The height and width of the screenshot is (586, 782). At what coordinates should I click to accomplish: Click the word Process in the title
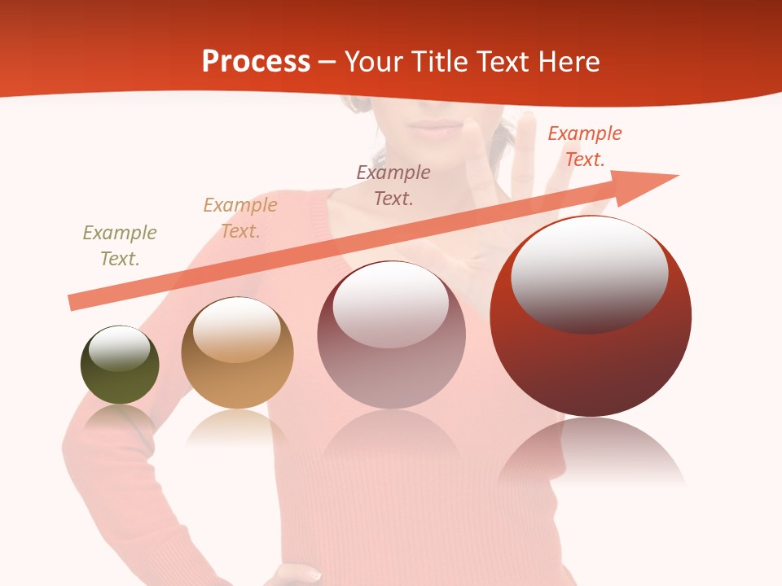[x=256, y=62]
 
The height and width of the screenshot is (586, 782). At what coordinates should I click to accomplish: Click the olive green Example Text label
[x=120, y=246]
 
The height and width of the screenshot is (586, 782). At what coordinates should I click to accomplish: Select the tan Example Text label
[x=240, y=218]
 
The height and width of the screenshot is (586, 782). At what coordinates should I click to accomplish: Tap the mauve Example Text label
[x=393, y=185]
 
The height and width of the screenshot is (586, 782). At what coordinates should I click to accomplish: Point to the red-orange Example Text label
[x=585, y=146]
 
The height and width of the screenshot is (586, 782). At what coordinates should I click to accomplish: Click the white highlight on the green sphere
[x=120, y=349]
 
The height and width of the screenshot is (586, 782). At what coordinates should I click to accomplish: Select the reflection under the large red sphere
[x=591, y=452]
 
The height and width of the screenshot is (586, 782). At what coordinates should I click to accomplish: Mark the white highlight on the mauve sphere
[x=391, y=303]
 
